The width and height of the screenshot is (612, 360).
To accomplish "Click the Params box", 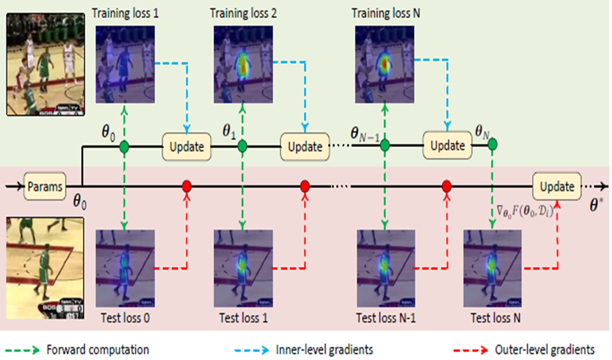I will click(x=44, y=187).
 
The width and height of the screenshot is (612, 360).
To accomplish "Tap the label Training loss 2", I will click(x=243, y=13).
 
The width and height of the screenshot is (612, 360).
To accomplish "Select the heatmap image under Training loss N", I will click(x=384, y=65).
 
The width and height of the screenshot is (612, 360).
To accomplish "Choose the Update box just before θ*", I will click(x=556, y=187).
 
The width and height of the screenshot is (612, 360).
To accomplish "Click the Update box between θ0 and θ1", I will click(x=187, y=145).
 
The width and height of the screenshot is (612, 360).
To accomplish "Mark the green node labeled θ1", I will click(x=243, y=145).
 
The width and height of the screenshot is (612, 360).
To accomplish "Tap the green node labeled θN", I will click(x=492, y=143).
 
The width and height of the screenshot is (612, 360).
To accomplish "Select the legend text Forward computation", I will click(x=98, y=349).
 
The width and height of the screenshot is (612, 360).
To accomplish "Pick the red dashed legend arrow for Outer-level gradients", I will click(x=472, y=349).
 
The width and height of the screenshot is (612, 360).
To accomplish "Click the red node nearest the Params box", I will click(x=187, y=187).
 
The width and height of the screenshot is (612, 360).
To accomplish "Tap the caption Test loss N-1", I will click(x=385, y=317).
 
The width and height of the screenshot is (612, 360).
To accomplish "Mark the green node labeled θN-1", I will click(x=385, y=145).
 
